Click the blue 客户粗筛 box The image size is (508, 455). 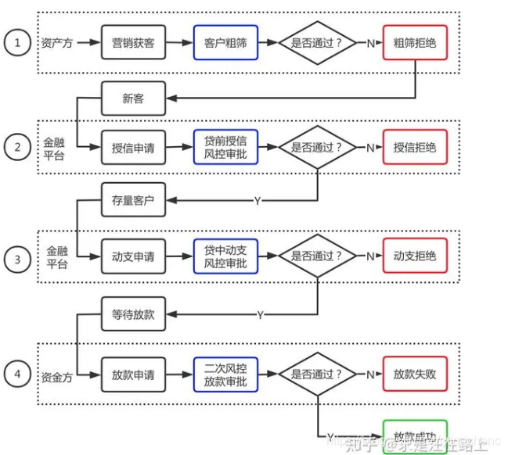[x=225, y=42]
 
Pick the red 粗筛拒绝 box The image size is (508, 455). [x=415, y=42]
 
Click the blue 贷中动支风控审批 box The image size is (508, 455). [x=225, y=256]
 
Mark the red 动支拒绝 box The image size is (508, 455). [x=415, y=256]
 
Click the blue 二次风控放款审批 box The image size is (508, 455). [x=225, y=374]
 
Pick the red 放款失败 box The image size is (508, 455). [x=415, y=374]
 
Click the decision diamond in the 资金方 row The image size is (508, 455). [x=317, y=374]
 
